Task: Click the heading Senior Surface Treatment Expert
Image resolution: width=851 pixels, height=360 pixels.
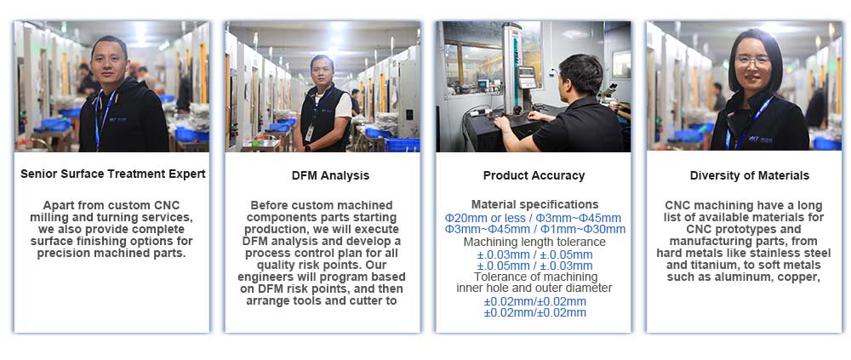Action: coord(113,174)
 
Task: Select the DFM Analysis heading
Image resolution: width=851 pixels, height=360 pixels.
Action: coord(330,175)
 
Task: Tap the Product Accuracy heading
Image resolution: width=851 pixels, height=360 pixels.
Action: coord(534,175)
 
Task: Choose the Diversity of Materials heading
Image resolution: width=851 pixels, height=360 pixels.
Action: coord(750,175)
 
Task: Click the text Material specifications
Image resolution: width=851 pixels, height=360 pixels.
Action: coord(534,205)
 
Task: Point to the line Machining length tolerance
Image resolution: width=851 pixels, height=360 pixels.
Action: coord(534,243)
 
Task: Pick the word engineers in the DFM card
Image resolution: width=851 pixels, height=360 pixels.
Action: coord(267,277)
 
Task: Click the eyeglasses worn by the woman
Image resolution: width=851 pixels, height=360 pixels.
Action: coord(753,60)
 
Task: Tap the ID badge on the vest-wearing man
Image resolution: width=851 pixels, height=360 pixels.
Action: coord(310,133)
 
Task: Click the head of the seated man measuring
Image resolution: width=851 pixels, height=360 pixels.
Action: coord(580,75)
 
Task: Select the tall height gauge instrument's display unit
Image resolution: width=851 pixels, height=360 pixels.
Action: coord(527,77)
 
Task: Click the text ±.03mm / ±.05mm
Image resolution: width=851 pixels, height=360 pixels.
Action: coord(534,254)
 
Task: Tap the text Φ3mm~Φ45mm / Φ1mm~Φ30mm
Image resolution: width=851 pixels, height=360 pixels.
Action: coord(534,230)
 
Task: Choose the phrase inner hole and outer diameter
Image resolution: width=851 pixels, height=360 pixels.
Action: coord(534,288)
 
